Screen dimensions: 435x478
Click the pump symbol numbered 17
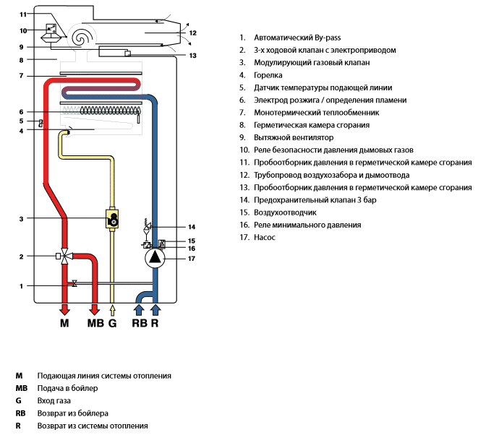tap(154, 258)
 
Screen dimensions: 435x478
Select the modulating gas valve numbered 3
tap(112, 219)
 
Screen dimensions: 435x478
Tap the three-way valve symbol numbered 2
tap(66, 257)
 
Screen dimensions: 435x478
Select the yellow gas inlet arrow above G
tap(112, 309)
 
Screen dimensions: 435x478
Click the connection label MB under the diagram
tap(95, 324)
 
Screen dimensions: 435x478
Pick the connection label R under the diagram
tap(154, 324)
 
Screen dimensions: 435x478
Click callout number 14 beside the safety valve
tap(192, 227)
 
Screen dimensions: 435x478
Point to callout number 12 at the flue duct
tap(192, 33)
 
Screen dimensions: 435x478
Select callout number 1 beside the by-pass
tap(22, 286)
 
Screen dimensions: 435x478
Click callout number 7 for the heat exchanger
tap(22, 76)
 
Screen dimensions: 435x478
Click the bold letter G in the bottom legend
tap(17, 400)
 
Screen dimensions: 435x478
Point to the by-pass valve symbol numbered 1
tap(74, 285)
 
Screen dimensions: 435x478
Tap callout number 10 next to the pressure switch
tap(23, 30)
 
